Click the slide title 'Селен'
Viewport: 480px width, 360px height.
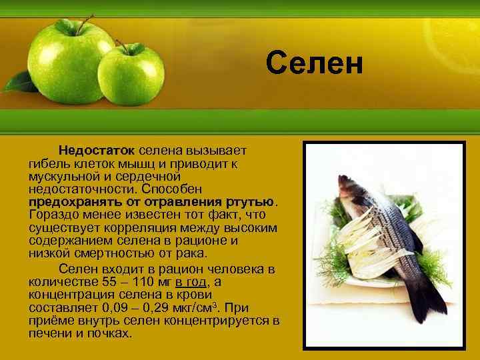pos(314,63)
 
